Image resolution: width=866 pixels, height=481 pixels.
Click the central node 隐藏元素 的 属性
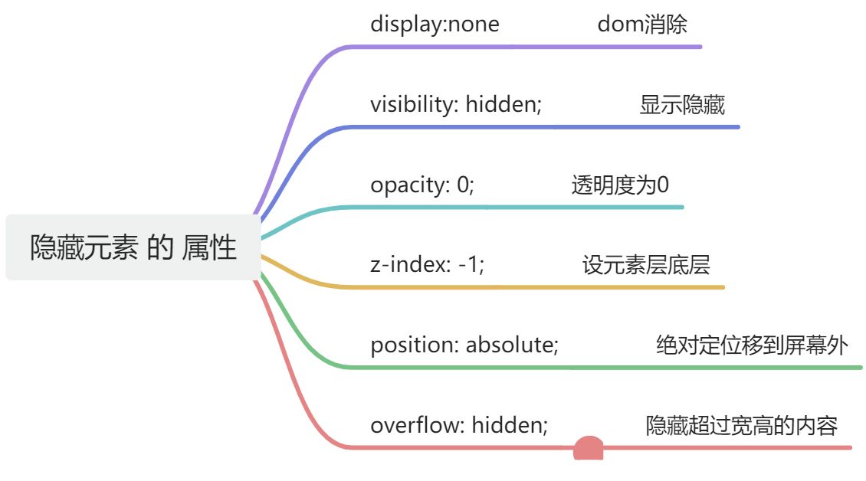click(133, 247)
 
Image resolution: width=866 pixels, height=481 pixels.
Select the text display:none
click(435, 25)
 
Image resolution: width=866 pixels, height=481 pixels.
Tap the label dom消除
click(642, 25)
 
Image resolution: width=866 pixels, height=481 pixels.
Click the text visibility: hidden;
click(456, 104)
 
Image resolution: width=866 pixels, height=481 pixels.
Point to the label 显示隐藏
click(682, 105)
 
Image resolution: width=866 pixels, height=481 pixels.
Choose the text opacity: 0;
click(422, 185)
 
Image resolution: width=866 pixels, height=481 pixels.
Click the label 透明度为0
click(620, 185)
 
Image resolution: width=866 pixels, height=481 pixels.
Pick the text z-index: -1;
click(428, 264)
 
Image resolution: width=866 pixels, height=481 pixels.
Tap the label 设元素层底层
click(645, 265)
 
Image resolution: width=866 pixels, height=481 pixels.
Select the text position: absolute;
click(464, 345)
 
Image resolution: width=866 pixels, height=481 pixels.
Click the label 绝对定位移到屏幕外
click(752, 345)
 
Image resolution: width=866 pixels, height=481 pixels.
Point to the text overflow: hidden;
click(459, 425)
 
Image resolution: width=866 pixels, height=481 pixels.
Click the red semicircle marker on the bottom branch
click(589, 448)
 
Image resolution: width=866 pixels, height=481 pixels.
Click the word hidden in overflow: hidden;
click(510, 425)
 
